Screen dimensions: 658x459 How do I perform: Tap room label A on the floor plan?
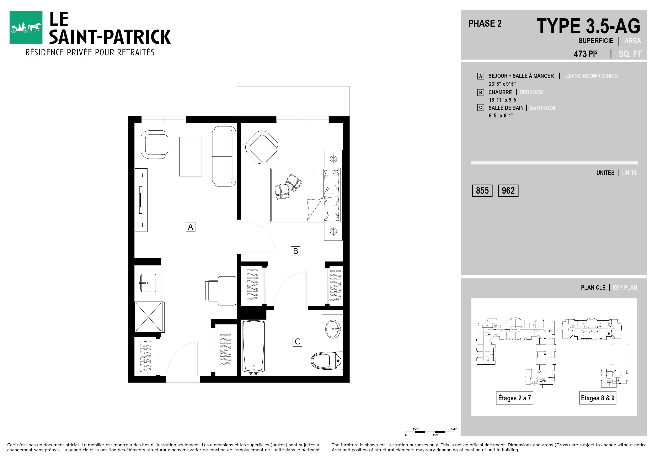point(190,227)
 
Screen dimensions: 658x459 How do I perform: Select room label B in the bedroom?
point(295,251)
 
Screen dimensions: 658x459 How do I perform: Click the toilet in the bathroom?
point(327,361)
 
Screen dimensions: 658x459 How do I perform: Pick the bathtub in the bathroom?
point(254,348)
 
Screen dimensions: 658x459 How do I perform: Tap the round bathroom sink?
point(333,329)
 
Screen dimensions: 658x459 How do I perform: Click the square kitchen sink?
point(148,283)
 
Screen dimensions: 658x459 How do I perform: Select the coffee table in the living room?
point(191,157)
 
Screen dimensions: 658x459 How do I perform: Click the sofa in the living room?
point(224,157)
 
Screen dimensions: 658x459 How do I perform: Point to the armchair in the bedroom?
point(262,147)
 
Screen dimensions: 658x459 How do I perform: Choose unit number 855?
point(482,191)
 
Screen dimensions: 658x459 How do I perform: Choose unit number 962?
point(508,191)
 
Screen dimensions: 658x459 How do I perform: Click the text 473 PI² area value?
point(585,54)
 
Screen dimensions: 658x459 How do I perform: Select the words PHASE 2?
point(485,23)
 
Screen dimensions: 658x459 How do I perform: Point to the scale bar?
point(430,432)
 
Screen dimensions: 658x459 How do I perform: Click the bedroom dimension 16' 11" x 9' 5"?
point(504,100)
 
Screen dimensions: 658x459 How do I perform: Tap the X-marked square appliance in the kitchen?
point(149,317)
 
